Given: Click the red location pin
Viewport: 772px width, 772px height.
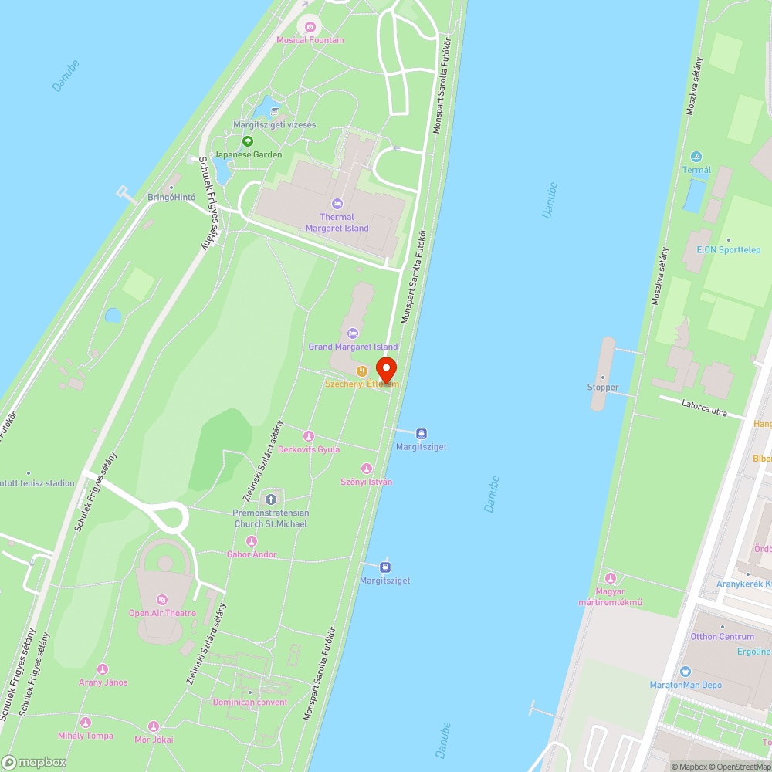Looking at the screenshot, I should click(x=386, y=369).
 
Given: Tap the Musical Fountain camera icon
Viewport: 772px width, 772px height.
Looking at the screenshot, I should click(x=310, y=27).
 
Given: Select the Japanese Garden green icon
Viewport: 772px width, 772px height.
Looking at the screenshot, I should click(x=247, y=141).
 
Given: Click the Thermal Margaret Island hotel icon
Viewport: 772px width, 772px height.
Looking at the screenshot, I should click(x=337, y=204).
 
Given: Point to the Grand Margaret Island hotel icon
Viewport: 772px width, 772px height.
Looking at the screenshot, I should click(x=353, y=334).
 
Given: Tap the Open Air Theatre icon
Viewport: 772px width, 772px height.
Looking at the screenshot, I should click(x=162, y=600).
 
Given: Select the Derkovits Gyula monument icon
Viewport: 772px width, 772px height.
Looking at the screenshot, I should click(x=309, y=436).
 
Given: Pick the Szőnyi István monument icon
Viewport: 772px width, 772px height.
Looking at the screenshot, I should click(x=367, y=469).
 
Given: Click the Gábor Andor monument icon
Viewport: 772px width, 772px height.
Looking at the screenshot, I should click(x=252, y=541).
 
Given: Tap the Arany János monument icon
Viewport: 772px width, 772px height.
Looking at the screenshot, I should click(x=103, y=669).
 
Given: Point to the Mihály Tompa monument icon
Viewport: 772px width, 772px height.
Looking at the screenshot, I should click(x=85, y=723).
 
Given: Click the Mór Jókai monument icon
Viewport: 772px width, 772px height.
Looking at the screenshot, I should click(x=153, y=726).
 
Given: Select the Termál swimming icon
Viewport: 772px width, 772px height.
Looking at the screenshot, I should click(x=696, y=157).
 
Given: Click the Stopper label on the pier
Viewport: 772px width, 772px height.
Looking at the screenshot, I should click(x=603, y=388).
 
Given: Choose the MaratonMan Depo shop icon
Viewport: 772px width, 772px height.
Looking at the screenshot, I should click(x=686, y=672).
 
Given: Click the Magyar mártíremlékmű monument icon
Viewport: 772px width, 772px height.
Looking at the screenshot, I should click(x=611, y=578).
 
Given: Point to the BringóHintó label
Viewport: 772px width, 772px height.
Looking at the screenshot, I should click(x=171, y=198).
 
